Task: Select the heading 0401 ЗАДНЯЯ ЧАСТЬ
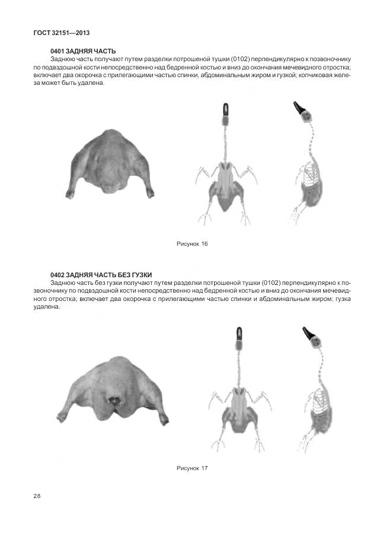[x=83, y=52]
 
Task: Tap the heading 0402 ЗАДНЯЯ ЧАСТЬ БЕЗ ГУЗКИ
[x=101, y=274]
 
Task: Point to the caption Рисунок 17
[x=192, y=468]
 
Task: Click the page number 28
[x=37, y=496]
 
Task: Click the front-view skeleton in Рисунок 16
[x=226, y=172]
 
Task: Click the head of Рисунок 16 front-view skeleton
[x=225, y=111]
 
